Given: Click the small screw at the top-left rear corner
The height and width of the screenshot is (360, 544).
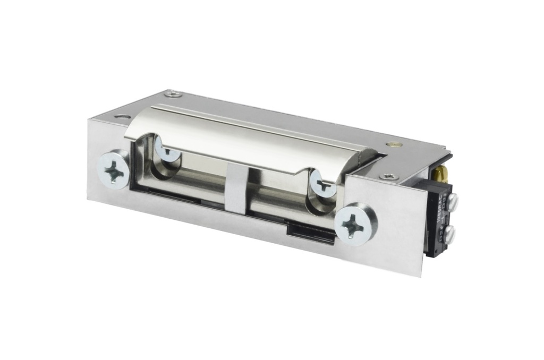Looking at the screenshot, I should pyautogui.click(x=173, y=94).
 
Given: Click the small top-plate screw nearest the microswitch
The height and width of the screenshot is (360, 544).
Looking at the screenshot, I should pyautogui.click(x=389, y=175).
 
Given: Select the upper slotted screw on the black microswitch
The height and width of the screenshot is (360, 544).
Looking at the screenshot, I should pyautogui.click(x=452, y=201).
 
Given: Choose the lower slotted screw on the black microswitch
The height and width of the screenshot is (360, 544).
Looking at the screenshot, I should pyautogui.click(x=449, y=233).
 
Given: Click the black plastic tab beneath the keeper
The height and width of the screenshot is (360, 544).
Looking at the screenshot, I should pyautogui.click(x=311, y=232).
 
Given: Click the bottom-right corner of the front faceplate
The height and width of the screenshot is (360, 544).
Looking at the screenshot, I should pyautogui.click(x=421, y=275).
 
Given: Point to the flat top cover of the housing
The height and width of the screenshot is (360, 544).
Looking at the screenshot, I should pyautogui.click(x=297, y=119).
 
